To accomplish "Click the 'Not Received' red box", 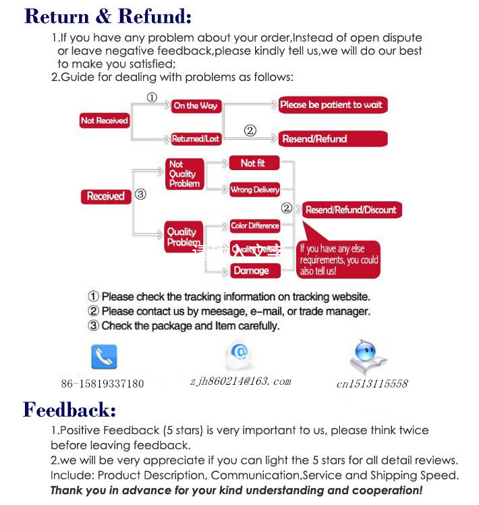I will (104, 121).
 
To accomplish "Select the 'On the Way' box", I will (195, 105).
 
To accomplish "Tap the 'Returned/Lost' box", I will (196, 138).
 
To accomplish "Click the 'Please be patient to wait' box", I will (333, 105).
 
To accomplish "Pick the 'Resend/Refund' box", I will (333, 138).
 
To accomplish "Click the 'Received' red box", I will (106, 196).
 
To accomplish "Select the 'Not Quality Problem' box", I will (184, 174).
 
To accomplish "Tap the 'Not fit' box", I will (253, 163).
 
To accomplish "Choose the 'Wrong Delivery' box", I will (254, 190).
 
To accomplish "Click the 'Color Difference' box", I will (254, 225).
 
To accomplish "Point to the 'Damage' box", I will (251, 271).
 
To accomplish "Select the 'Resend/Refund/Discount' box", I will (351, 210).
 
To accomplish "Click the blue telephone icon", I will (104, 357).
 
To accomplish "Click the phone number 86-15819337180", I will (103, 383).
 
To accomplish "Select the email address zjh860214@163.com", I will (240, 381).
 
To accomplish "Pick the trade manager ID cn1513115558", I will (372, 383).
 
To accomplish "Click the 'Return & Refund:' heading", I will (108, 16).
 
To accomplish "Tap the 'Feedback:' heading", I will (69, 409).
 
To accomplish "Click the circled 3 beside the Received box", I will (140, 194).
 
